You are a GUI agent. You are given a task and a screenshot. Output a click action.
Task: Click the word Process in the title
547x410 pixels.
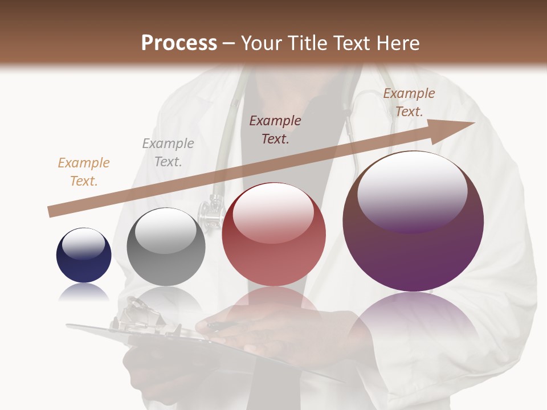179,43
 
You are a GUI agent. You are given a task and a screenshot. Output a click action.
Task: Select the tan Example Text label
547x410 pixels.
84,172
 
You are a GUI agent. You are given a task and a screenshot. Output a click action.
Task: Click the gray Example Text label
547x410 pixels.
168,153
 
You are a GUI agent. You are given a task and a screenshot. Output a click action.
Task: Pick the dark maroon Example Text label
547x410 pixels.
275,129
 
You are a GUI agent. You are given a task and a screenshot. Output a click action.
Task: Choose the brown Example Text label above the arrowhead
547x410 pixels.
409,102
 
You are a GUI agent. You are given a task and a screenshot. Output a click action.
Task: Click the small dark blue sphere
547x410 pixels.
84,255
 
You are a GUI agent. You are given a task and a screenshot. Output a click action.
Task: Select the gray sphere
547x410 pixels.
166,247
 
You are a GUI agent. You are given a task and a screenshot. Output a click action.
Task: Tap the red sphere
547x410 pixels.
274,234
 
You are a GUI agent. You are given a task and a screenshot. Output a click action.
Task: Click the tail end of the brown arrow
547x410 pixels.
50,212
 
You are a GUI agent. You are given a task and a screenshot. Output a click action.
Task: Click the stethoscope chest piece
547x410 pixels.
210,214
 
